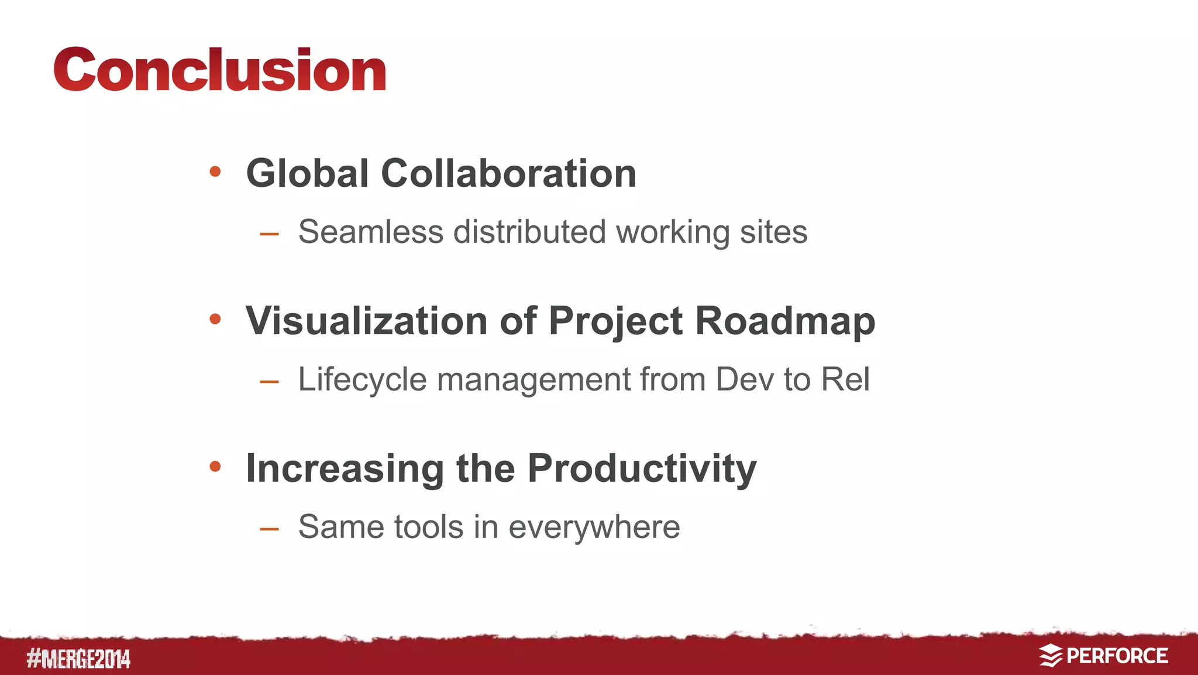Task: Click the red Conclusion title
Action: point(219,70)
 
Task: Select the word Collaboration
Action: point(508,174)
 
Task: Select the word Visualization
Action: point(366,321)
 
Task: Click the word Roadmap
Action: point(784,321)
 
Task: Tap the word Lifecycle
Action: point(362,379)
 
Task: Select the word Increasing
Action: point(345,469)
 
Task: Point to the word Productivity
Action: point(642,469)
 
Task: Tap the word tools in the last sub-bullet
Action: point(429,527)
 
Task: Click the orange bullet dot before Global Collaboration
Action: point(215,172)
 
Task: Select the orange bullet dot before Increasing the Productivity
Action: point(215,467)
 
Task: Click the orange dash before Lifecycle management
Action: point(269,382)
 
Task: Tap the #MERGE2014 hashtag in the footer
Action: point(78,659)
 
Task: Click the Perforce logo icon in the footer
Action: point(1050,656)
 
